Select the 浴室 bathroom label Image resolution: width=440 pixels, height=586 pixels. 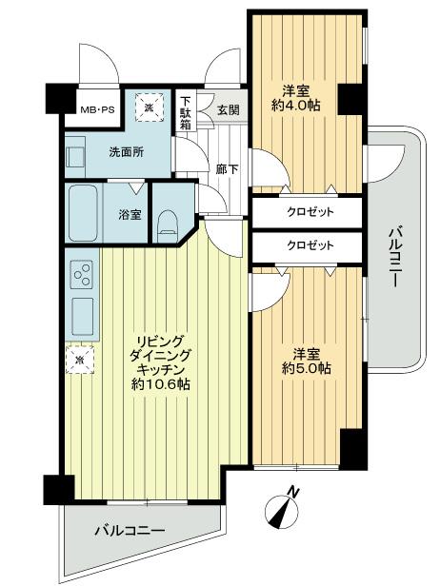click(130, 214)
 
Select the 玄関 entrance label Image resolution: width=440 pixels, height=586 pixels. click(229, 108)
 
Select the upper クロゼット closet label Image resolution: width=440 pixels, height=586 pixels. click(311, 211)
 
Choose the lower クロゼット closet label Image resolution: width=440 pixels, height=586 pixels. click(311, 244)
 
